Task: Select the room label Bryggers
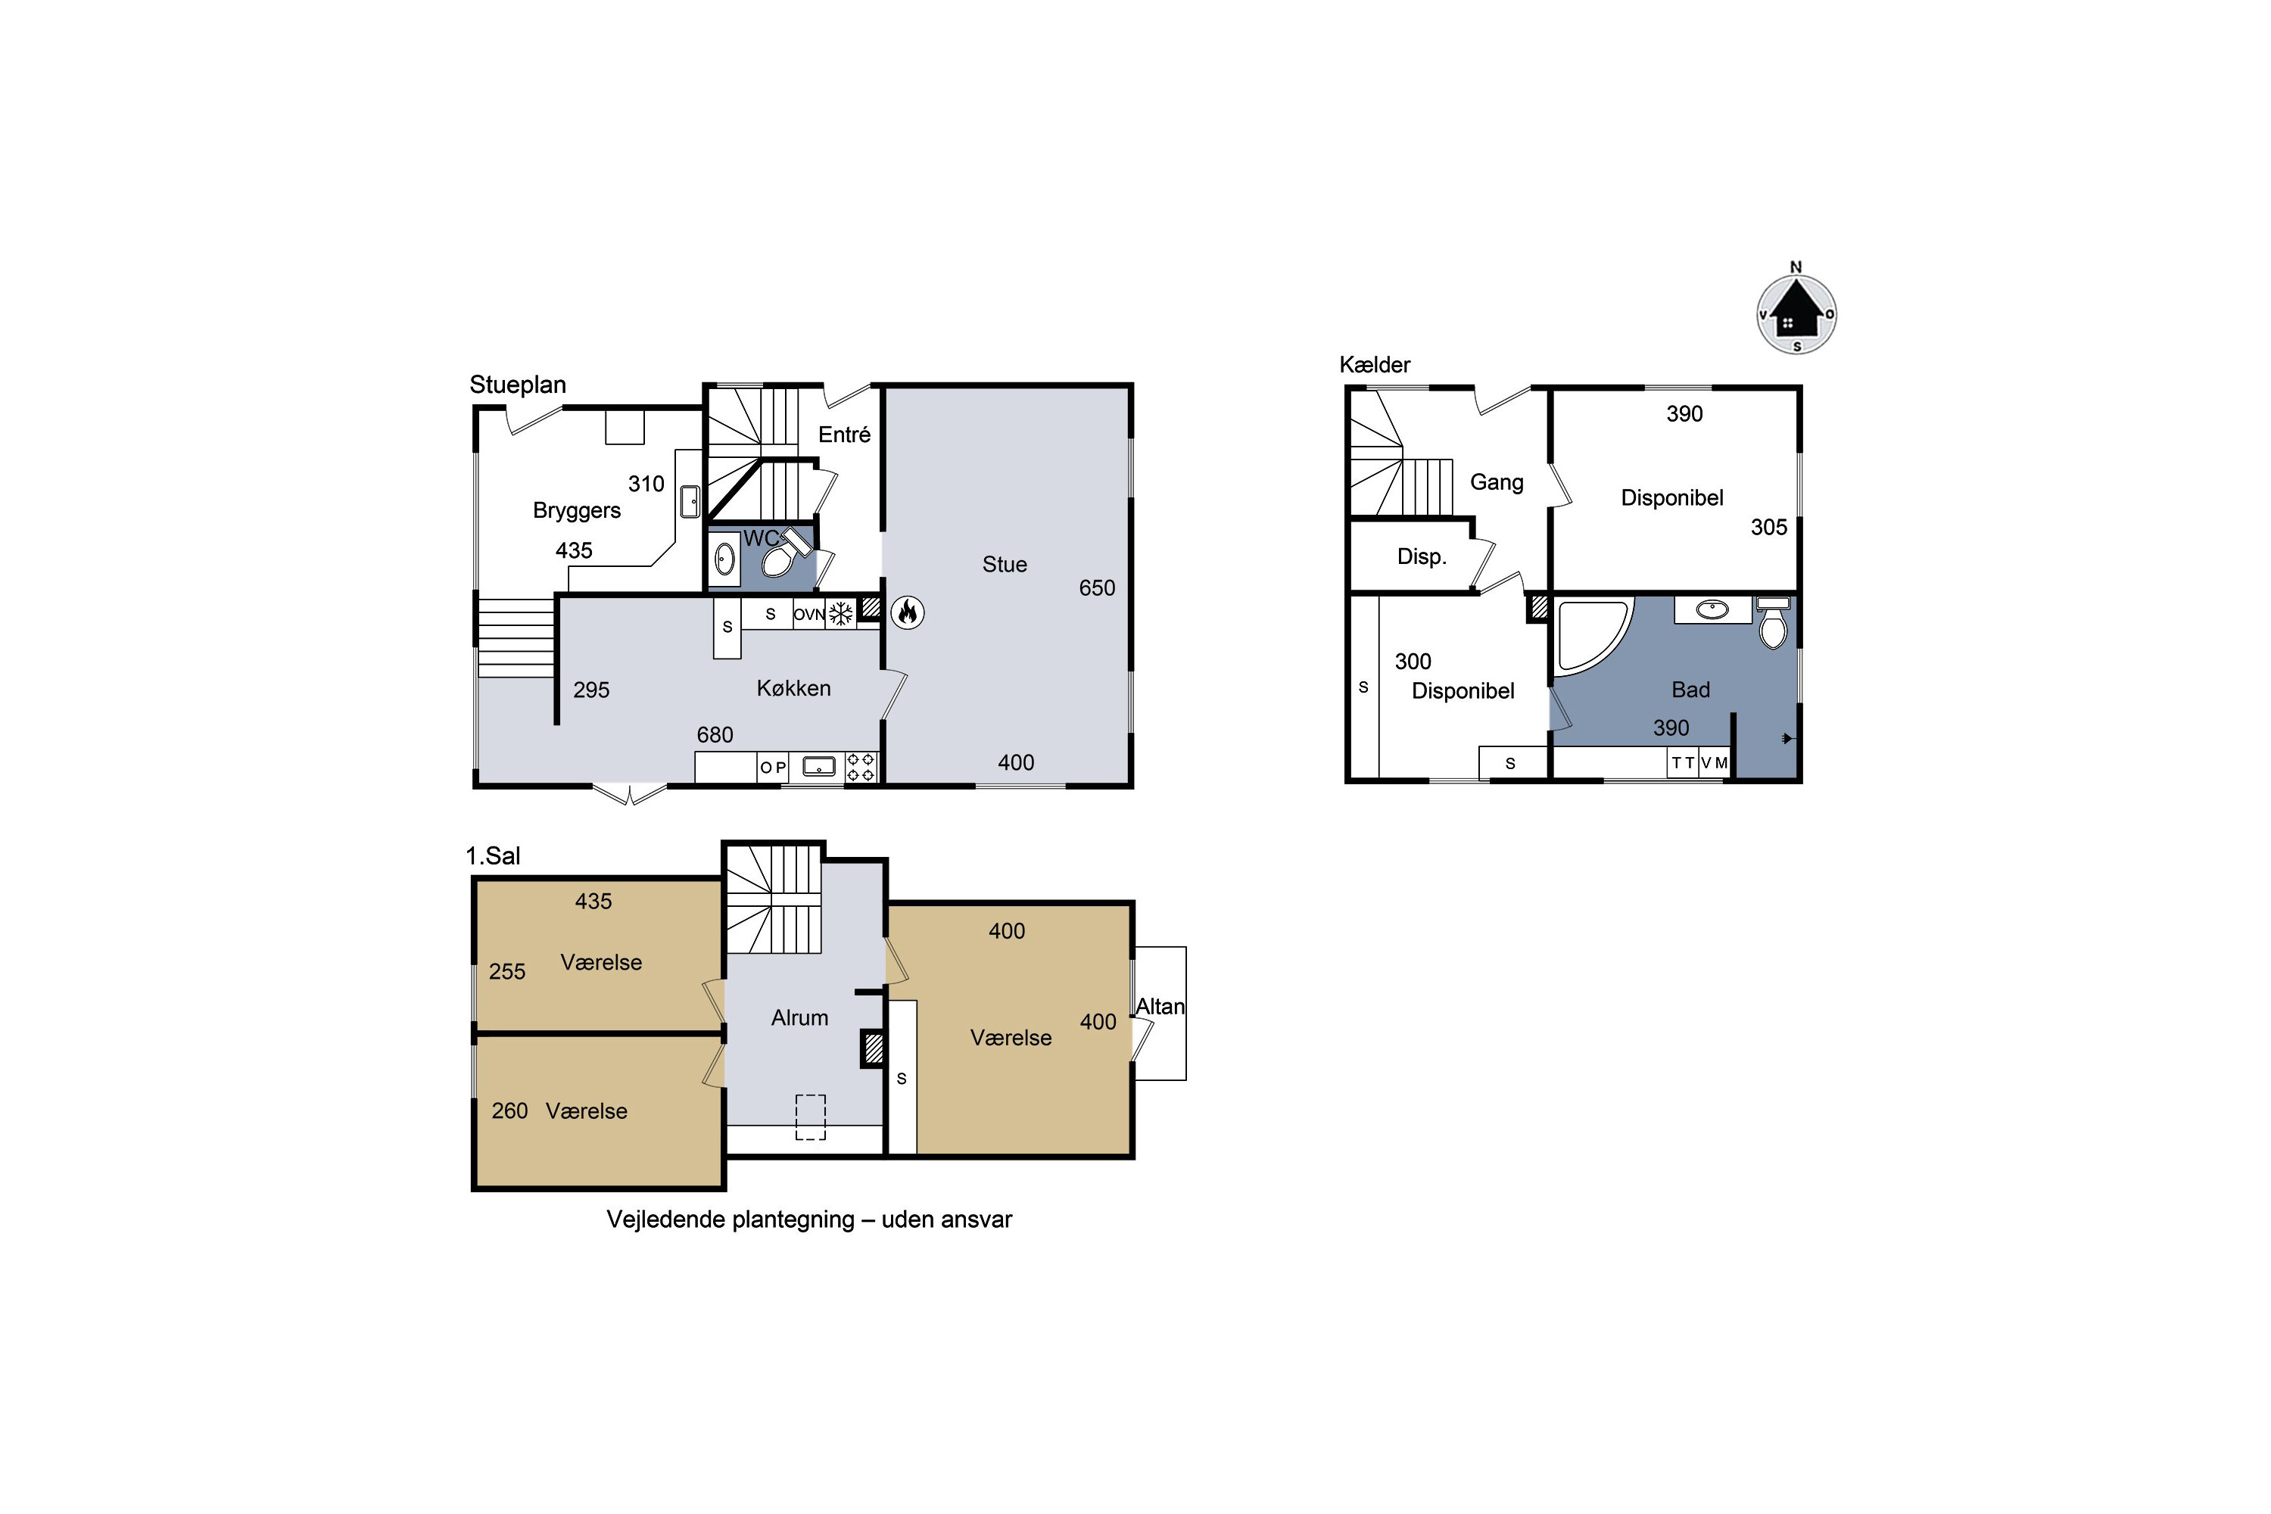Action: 576,511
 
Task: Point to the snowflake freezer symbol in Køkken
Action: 841,613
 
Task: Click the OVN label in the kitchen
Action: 809,614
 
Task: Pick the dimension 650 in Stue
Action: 1097,588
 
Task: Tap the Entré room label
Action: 845,435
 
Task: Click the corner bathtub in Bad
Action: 1592,634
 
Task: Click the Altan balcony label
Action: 1160,1006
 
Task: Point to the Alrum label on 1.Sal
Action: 799,1017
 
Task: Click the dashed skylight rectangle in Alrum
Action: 810,1117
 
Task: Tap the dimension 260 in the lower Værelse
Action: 509,1111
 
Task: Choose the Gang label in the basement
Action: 1497,481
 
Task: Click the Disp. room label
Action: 1422,556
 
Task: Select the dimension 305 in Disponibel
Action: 1769,527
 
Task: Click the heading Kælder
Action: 1375,365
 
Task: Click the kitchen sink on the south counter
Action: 819,768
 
